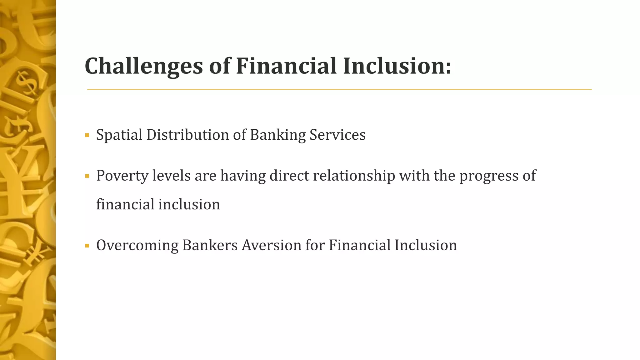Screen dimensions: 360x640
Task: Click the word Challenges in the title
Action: [x=144, y=67]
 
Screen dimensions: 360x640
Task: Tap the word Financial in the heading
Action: [x=286, y=66]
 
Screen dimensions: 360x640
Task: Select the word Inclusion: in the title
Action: [x=397, y=66]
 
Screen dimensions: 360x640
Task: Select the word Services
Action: [x=337, y=135]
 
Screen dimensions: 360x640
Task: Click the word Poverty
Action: [x=122, y=176]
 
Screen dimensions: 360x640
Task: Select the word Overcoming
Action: [x=137, y=245]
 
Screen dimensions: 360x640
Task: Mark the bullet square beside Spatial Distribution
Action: [x=87, y=136]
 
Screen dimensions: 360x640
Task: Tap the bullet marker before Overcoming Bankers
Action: [x=87, y=246]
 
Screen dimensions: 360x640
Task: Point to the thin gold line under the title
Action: [x=339, y=90]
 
